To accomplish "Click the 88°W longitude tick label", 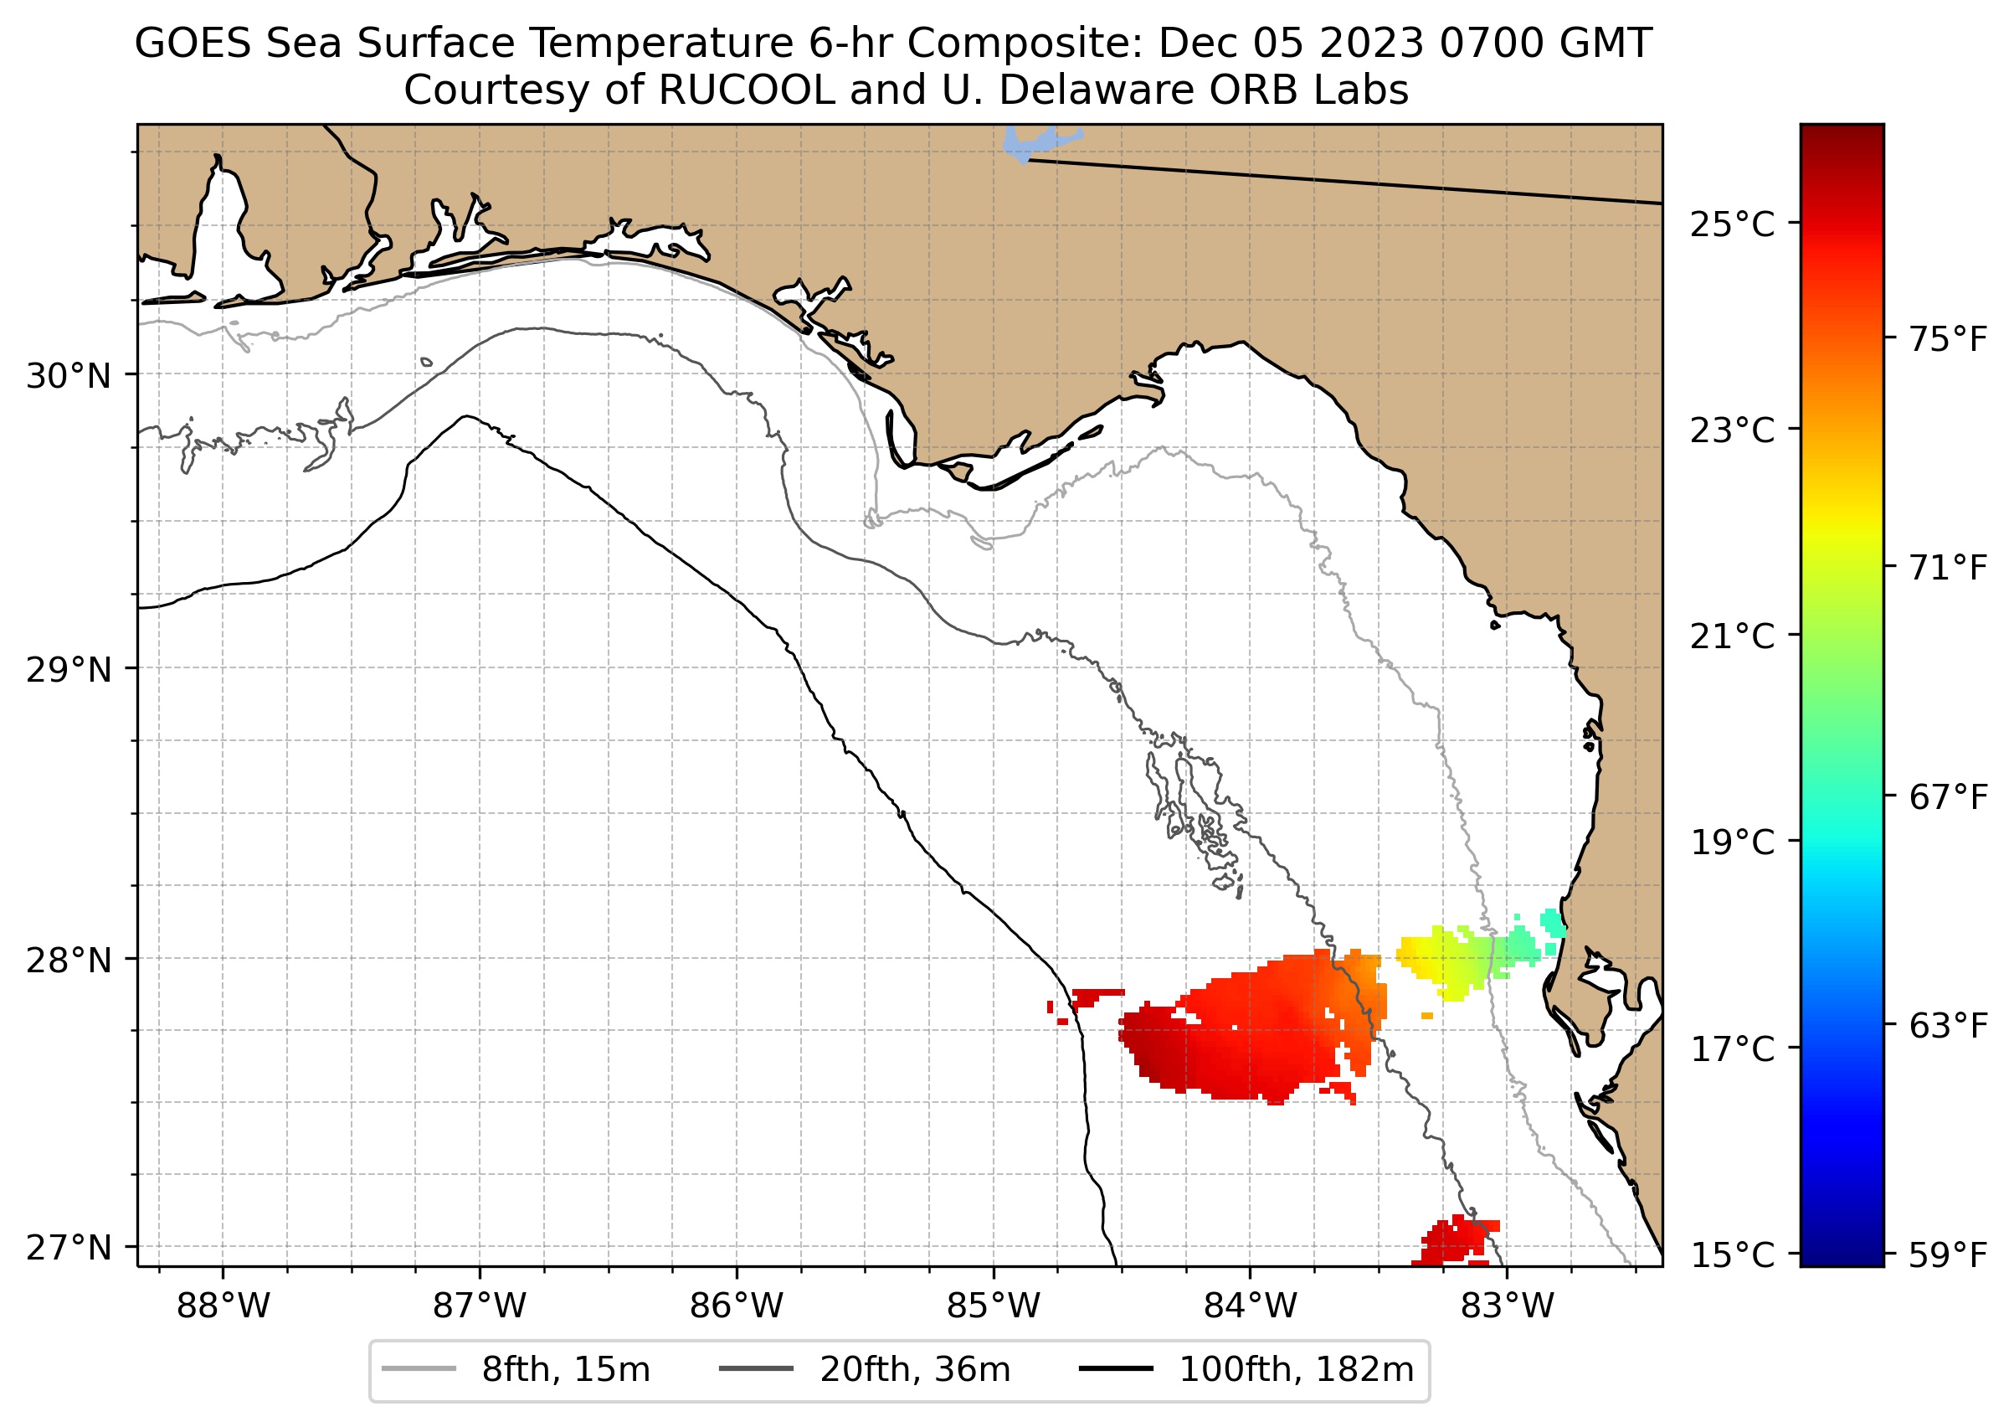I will click(x=223, y=1306).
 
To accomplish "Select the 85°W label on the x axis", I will click(x=994, y=1306).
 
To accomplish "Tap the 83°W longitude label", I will click(x=1508, y=1306).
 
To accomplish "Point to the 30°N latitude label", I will click(x=69, y=376).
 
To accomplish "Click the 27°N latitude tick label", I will click(x=69, y=1248).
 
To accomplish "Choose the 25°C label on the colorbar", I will click(x=1732, y=225).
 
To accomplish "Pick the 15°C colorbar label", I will click(x=1732, y=1254).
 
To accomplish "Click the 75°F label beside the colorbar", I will click(x=1948, y=339).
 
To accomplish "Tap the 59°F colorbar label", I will click(x=1948, y=1254).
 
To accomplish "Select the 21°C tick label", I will click(x=1732, y=636).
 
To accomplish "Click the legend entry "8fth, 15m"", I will click(x=566, y=1370).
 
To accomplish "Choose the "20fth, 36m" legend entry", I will click(x=914, y=1370).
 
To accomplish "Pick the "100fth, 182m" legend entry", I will click(x=1296, y=1370).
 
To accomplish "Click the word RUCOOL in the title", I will click(x=747, y=90).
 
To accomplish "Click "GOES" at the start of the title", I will click(x=193, y=44).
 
